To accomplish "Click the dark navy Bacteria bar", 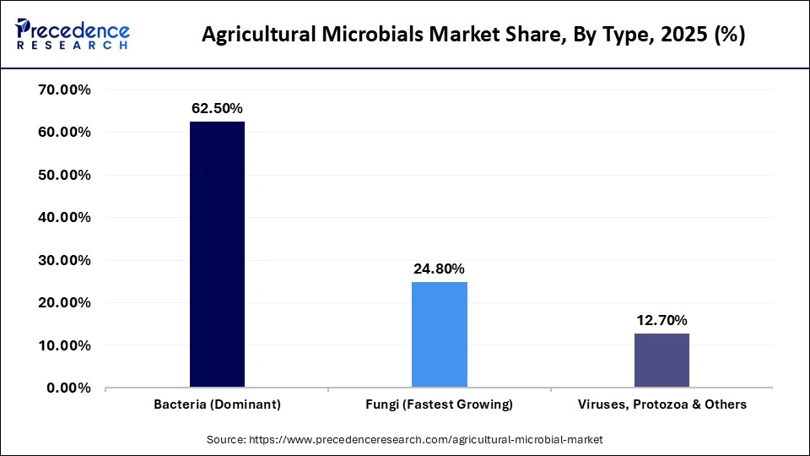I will point(217,254).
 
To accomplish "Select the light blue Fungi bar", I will point(439,334).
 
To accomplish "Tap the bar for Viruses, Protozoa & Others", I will point(661,361).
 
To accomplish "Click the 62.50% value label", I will point(217,108).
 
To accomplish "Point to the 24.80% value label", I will point(439,269).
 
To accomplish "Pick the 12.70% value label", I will point(661,320).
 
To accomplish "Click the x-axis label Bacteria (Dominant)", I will point(217,404).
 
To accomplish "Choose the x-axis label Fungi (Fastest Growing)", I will point(439,404).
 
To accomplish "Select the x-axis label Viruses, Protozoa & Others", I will point(661,404).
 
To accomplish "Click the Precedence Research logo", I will point(73,34).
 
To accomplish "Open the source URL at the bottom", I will point(426,440).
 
